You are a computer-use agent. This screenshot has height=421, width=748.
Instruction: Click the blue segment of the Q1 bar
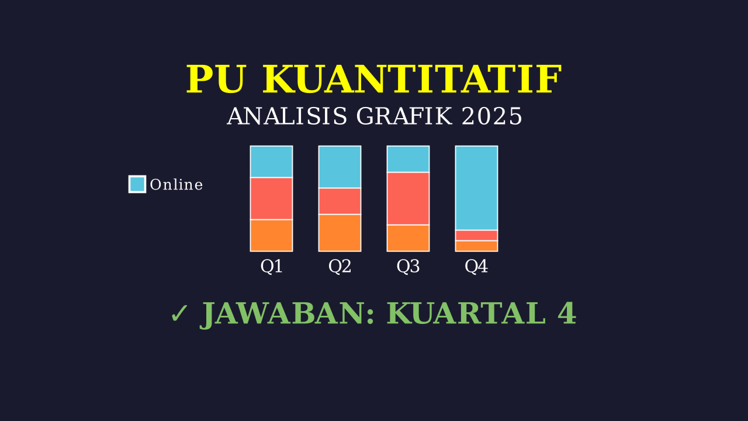271,162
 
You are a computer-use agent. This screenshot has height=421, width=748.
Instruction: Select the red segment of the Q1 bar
271,198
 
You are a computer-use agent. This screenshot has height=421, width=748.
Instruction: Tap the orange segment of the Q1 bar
271,236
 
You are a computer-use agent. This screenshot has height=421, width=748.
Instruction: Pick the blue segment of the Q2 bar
340,167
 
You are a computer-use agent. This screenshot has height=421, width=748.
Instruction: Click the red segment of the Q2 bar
340,201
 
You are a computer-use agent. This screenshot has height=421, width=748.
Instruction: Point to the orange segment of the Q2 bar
340,233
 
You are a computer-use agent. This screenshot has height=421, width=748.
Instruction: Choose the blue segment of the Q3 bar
408,159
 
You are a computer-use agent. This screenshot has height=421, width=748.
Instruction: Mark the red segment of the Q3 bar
408,198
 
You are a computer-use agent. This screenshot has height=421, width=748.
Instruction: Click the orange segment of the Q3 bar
408,238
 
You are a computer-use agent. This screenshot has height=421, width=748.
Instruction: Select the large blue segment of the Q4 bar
476,188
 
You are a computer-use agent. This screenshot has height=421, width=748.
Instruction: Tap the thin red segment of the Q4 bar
476,235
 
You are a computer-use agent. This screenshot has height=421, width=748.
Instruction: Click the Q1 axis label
271,267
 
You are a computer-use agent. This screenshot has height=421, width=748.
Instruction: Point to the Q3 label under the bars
408,267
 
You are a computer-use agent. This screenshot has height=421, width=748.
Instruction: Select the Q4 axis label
476,267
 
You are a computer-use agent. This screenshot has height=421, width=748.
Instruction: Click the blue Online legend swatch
137,184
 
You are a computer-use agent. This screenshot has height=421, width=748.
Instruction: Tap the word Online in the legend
176,185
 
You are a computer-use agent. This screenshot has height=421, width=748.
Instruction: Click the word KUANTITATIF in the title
412,80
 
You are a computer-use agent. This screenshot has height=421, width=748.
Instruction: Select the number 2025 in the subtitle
492,116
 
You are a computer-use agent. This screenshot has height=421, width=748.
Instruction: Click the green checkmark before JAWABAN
179,313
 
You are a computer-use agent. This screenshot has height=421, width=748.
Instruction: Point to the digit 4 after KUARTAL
567,313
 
